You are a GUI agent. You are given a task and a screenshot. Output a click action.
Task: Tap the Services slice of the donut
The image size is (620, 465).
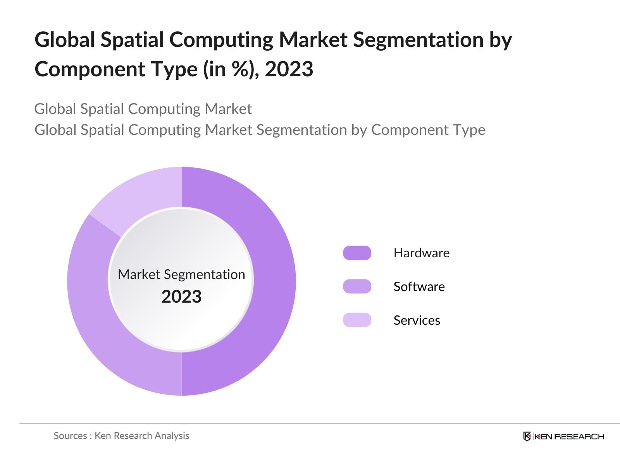[x=143, y=194]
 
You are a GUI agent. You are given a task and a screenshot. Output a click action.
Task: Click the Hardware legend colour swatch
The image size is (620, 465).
[x=357, y=253]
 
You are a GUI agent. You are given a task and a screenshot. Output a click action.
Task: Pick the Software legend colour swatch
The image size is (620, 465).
[x=357, y=287]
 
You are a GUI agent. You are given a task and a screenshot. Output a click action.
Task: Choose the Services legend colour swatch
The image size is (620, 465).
[x=357, y=320]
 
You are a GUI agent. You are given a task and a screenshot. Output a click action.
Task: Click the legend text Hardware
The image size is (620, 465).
[x=421, y=253]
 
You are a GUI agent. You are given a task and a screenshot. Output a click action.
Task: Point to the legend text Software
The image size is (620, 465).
[x=419, y=287]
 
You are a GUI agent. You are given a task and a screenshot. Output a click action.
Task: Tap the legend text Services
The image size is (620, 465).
[x=417, y=320]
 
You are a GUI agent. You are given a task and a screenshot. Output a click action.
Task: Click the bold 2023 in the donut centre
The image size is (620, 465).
[x=181, y=297]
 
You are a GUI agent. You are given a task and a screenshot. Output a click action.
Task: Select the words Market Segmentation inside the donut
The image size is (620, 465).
[x=181, y=274]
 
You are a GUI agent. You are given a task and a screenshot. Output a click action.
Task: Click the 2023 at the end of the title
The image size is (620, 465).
[x=289, y=69]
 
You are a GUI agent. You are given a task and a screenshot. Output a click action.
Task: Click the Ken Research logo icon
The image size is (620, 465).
[x=527, y=436]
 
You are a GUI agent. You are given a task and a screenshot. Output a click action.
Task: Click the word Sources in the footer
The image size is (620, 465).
[x=70, y=436]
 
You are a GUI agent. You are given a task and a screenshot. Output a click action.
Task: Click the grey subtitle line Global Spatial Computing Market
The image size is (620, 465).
[x=143, y=109]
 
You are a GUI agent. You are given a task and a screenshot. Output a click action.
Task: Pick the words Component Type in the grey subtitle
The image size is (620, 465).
[x=428, y=130]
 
